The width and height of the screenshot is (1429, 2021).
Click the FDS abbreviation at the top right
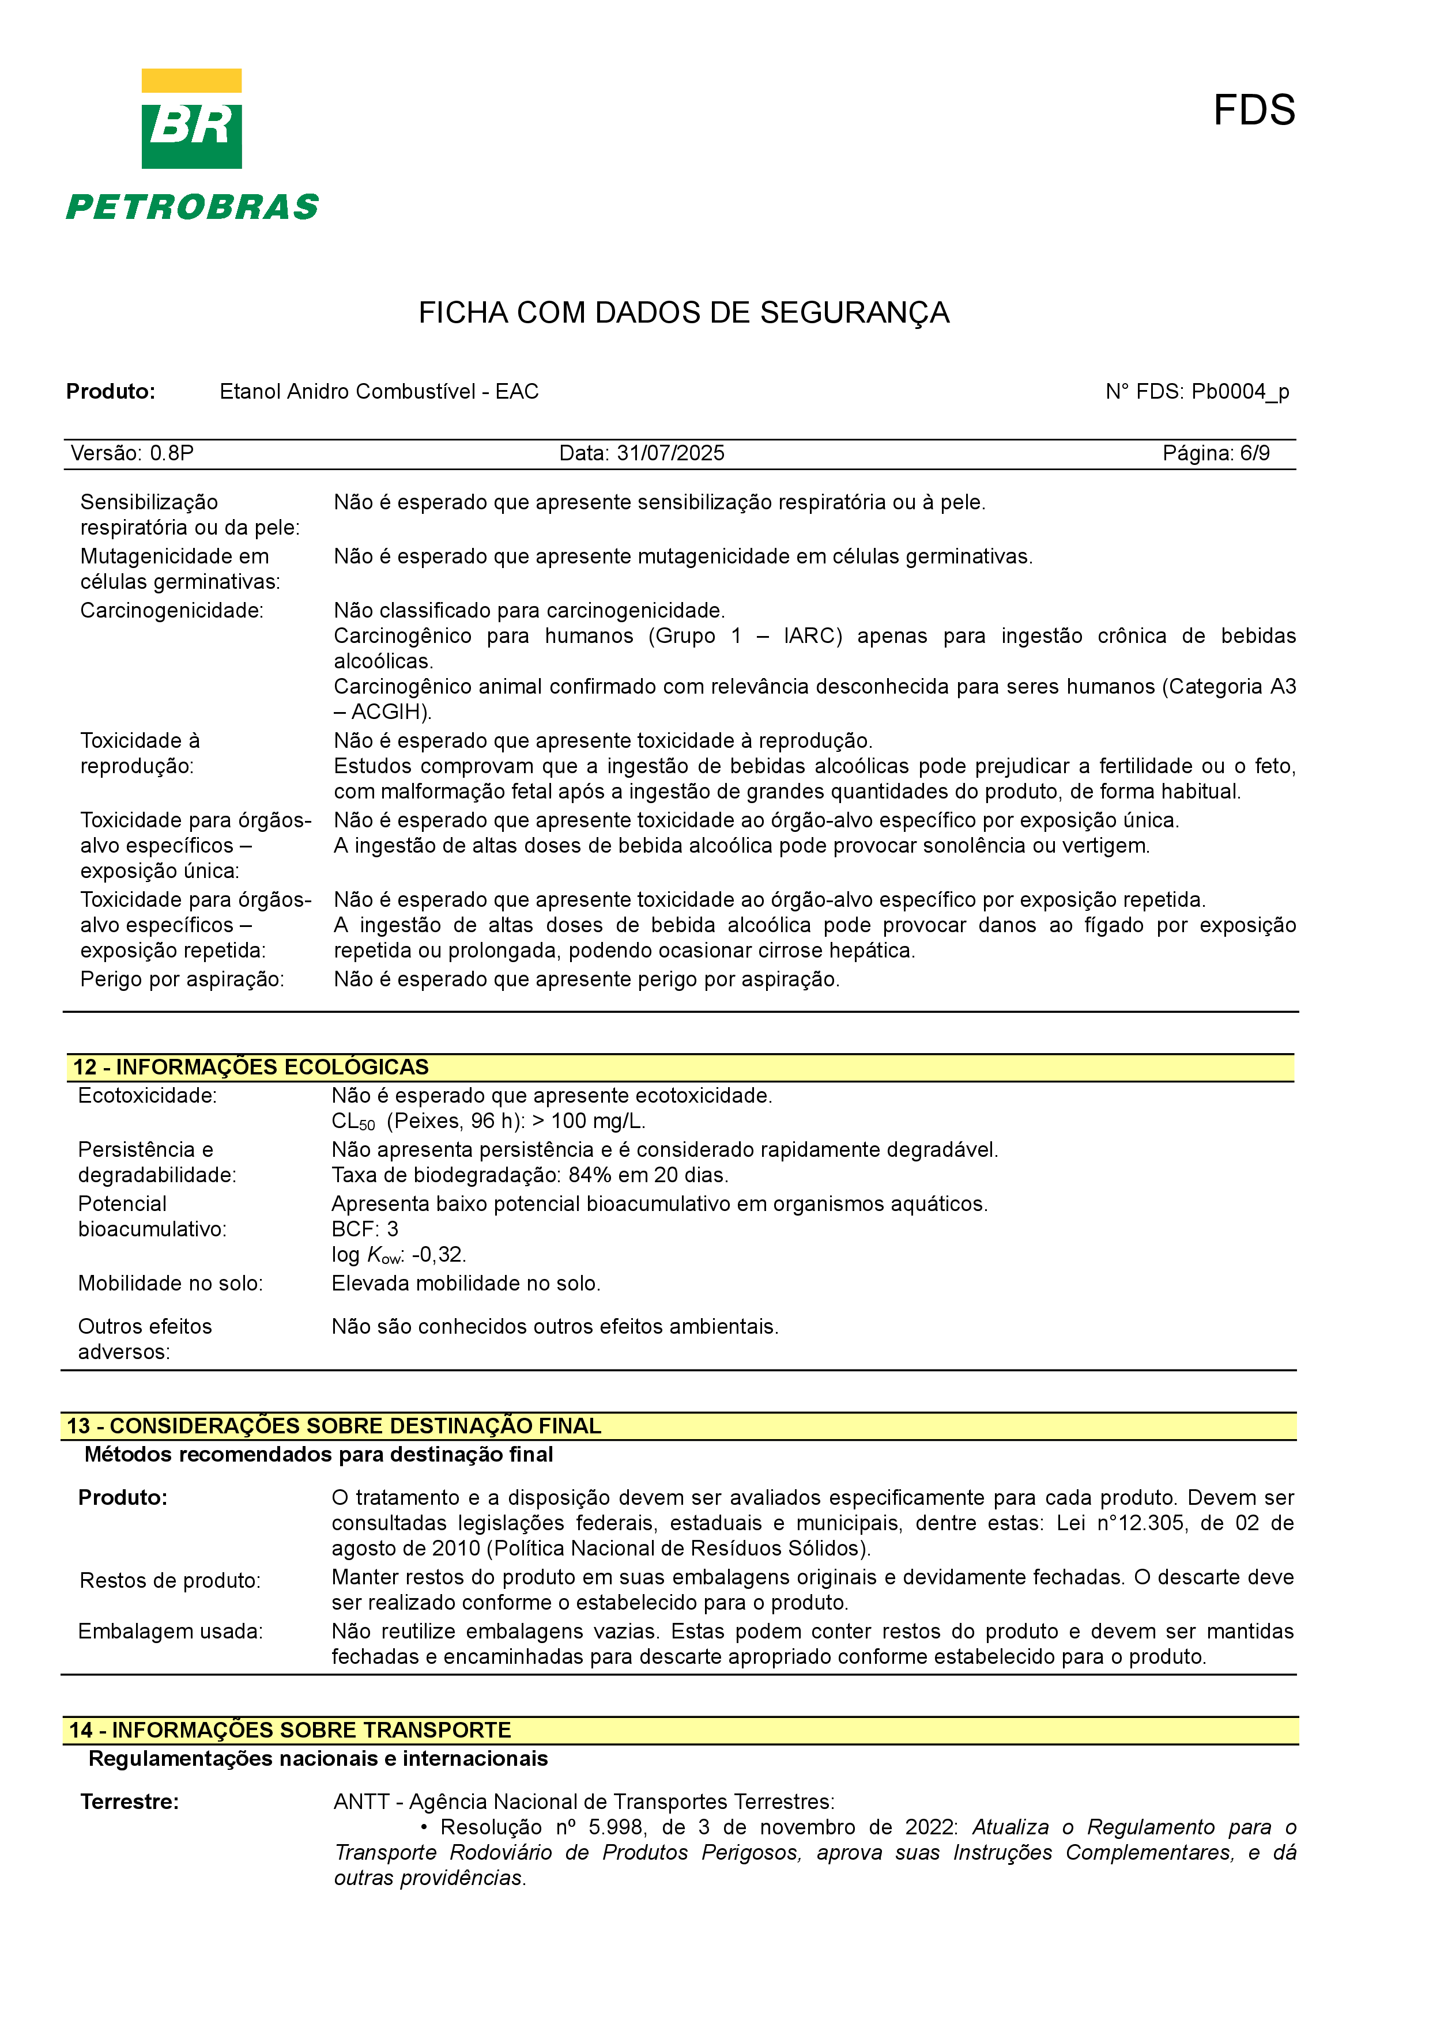pyautogui.click(x=1254, y=110)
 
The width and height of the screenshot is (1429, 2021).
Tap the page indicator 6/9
pyautogui.click(x=1255, y=453)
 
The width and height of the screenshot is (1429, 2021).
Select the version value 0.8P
pyautogui.click(x=172, y=453)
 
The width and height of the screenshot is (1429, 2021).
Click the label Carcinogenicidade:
pyautogui.click(x=172, y=611)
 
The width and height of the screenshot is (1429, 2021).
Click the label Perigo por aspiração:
pyautogui.click(x=182, y=980)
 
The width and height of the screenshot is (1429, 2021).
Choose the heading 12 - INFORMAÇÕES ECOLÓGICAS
pyautogui.click(x=251, y=1067)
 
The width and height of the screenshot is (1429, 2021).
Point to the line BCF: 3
pyautogui.click(x=364, y=1229)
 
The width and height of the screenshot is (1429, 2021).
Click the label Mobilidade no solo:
pyautogui.click(x=170, y=1284)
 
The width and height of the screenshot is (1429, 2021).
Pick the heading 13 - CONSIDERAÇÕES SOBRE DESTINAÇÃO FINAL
pyautogui.click(x=334, y=1426)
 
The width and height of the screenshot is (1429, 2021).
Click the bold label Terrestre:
pyautogui.click(x=130, y=1802)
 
